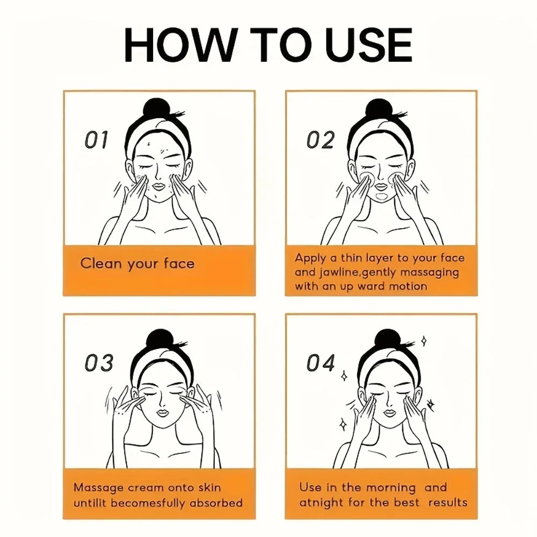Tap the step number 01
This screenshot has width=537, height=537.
click(97, 140)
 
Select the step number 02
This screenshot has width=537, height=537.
click(321, 140)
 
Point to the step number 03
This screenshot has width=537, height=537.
click(99, 364)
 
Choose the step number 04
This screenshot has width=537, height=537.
click(321, 364)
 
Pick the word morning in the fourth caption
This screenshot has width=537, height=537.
click(390, 488)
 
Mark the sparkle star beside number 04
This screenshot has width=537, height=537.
click(344, 375)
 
